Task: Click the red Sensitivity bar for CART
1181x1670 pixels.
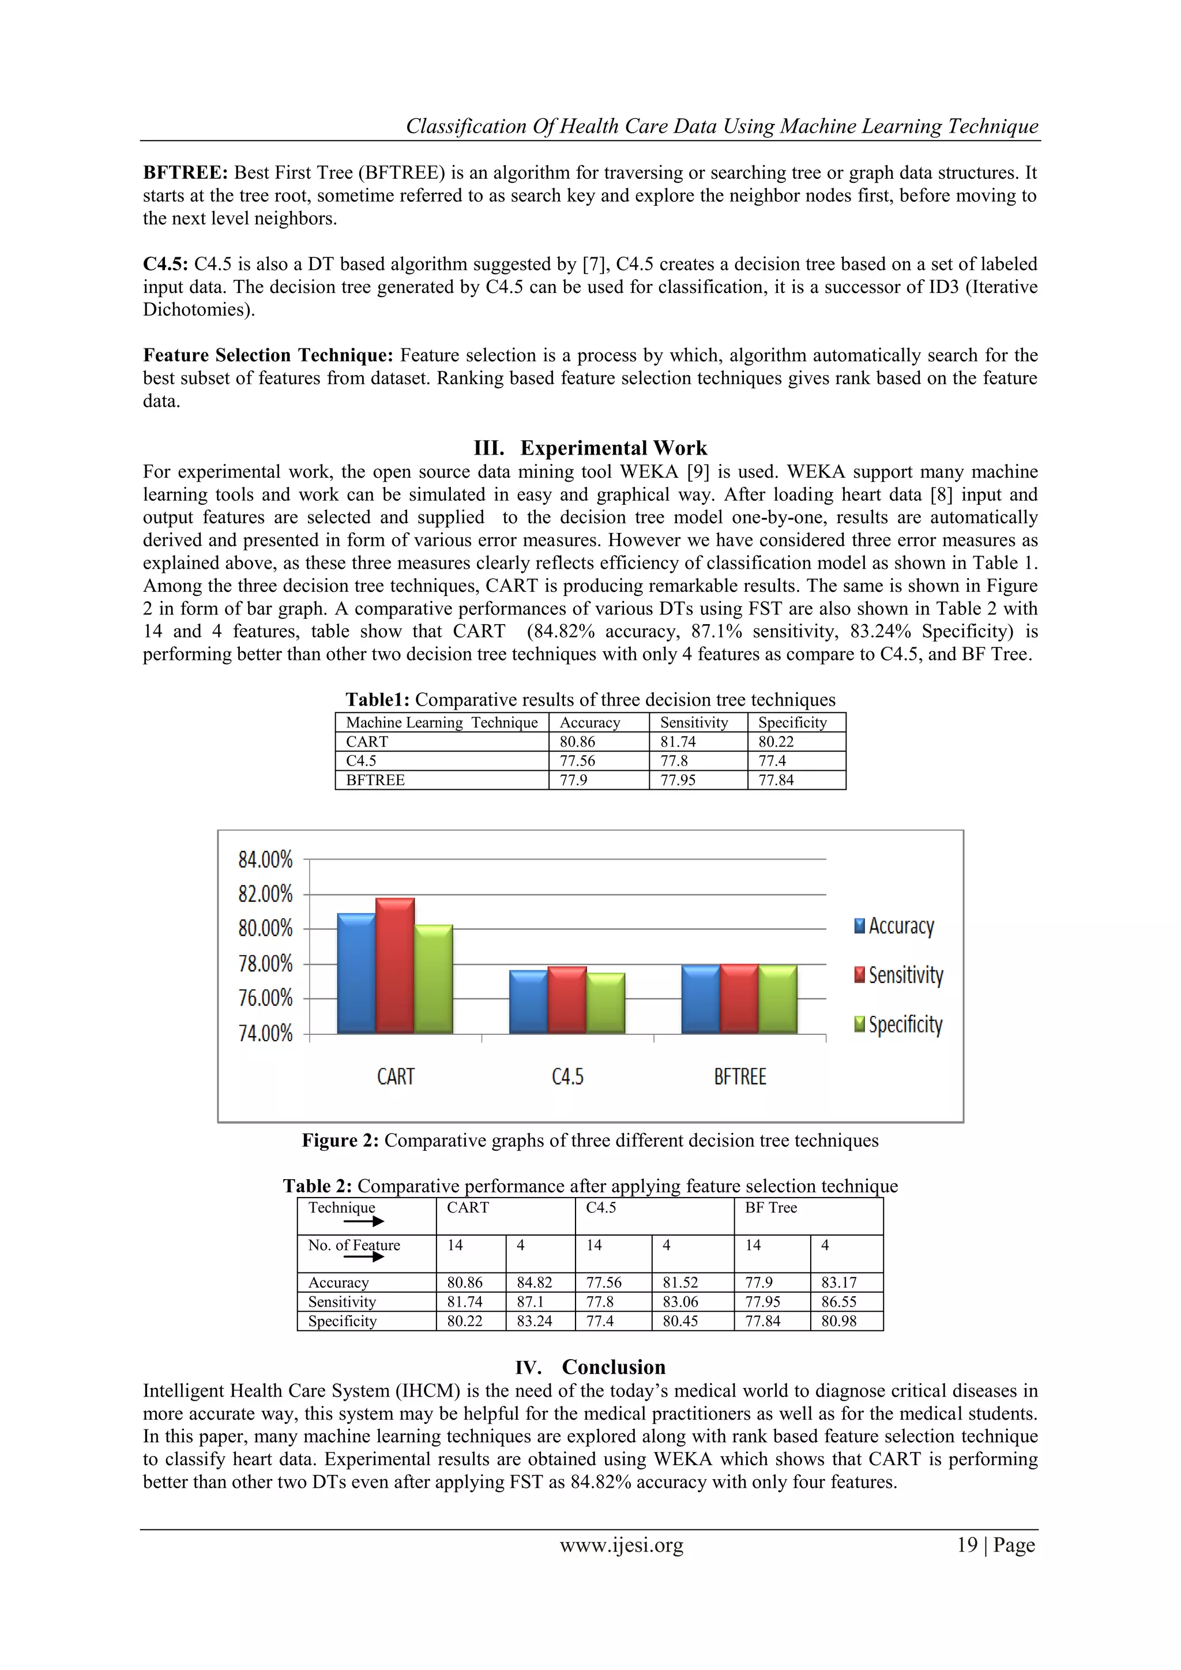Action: coord(395,966)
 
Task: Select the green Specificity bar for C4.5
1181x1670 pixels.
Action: coord(605,1003)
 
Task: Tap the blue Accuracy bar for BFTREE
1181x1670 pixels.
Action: coord(700,999)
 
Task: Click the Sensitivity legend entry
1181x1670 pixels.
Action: coord(899,975)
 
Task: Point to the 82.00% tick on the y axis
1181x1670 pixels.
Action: coord(265,894)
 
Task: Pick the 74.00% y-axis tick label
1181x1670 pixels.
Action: coord(265,1034)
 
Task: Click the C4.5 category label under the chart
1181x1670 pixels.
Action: coord(567,1076)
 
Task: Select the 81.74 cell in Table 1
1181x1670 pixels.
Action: coord(678,742)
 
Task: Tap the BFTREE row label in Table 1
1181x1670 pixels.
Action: coord(375,780)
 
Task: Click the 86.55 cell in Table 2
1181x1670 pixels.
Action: coord(838,1302)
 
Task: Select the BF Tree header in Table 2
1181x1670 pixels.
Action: coord(771,1208)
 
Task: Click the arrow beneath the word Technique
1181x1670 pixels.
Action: coord(364,1222)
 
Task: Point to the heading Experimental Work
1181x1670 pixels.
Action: coord(613,448)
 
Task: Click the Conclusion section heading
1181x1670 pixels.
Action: coord(613,1367)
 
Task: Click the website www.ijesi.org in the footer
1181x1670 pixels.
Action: coord(621,1545)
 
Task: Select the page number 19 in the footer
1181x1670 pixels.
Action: coord(967,1545)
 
